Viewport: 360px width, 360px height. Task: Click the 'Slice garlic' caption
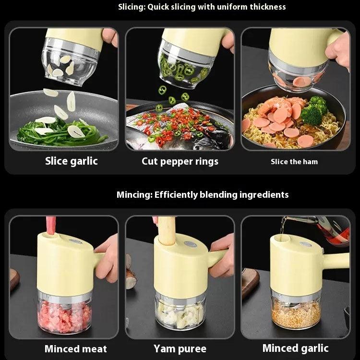click(x=71, y=161)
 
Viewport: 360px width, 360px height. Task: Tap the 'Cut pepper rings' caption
click(x=180, y=161)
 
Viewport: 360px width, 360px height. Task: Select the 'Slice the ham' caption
click(x=294, y=162)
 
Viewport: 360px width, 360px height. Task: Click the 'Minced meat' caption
click(x=75, y=348)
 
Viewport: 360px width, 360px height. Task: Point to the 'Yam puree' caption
click(x=180, y=348)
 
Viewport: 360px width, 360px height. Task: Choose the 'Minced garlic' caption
click(x=295, y=348)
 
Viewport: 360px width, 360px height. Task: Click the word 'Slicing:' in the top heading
click(x=133, y=7)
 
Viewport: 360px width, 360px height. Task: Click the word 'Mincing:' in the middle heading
click(x=134, y=194)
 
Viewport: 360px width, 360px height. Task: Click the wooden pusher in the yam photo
click(x=166, y=230)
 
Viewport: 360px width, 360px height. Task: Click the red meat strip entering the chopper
click(x=51, y=225)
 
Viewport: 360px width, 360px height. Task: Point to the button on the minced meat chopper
click(x=75, y=241)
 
